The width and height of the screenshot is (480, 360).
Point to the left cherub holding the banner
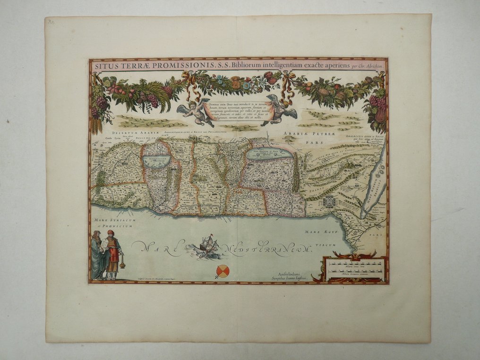pyautogui.click(x=194, y=112)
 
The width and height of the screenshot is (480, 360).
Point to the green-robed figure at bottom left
pyautogui.click(x=98, y=255)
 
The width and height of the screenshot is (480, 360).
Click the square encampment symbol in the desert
pyautogui.click(x=330, y=201)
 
